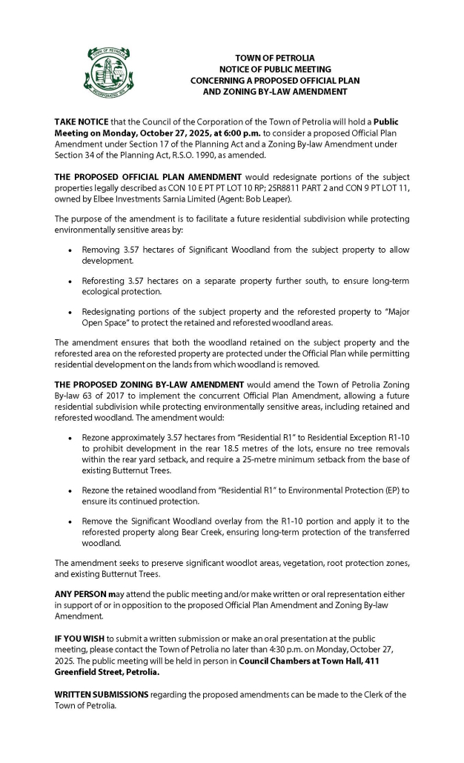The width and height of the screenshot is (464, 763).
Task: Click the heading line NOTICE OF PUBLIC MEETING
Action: coord(274,68)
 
